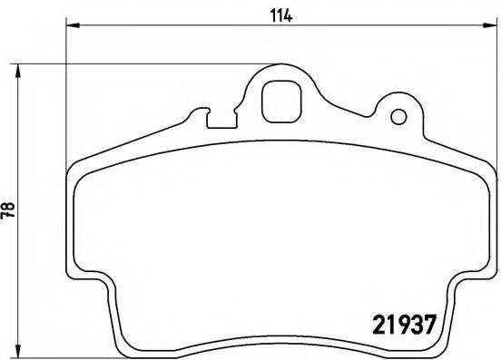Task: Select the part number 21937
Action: pyautogui.click(x=405, y=322)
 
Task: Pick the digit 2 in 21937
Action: pyautogui.click(x=379, y=322)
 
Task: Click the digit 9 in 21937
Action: pyautogui.click(x=401, y=322)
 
